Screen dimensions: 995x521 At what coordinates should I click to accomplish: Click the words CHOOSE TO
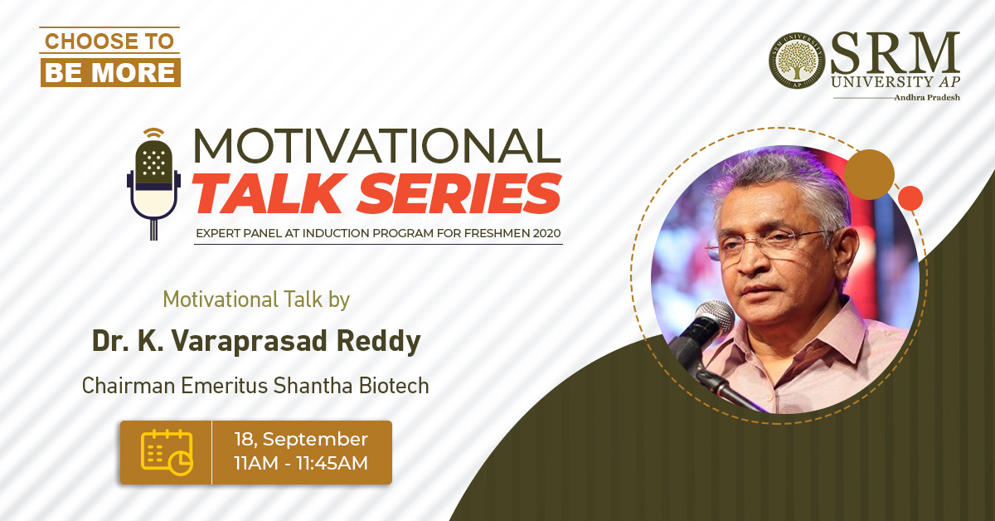tap(109, 41)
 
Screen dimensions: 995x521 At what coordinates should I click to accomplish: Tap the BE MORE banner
tap(110, 72)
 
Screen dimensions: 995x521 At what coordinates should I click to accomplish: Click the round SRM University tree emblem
tap(797, 61)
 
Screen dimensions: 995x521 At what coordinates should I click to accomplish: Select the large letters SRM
tap(895, 53)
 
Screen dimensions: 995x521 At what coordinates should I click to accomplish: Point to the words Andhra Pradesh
tap(927, 97)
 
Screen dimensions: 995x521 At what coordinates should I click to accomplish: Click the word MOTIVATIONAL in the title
tap(376, 146)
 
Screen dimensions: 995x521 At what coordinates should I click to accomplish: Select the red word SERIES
tap(459, 193)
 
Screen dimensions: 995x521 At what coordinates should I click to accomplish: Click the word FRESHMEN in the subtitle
tap(492, 233)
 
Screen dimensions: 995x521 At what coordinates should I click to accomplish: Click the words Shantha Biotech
tap(351, 386)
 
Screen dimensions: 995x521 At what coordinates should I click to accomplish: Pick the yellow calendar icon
tap(167, 452)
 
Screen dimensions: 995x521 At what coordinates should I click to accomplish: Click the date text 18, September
tap(301, 439)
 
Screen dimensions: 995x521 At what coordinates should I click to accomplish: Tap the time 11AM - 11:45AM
tap(301, 463)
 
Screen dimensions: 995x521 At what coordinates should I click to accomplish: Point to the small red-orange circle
tap(910, 198)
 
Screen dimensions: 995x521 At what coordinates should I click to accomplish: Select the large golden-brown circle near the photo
tap(869, 175)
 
